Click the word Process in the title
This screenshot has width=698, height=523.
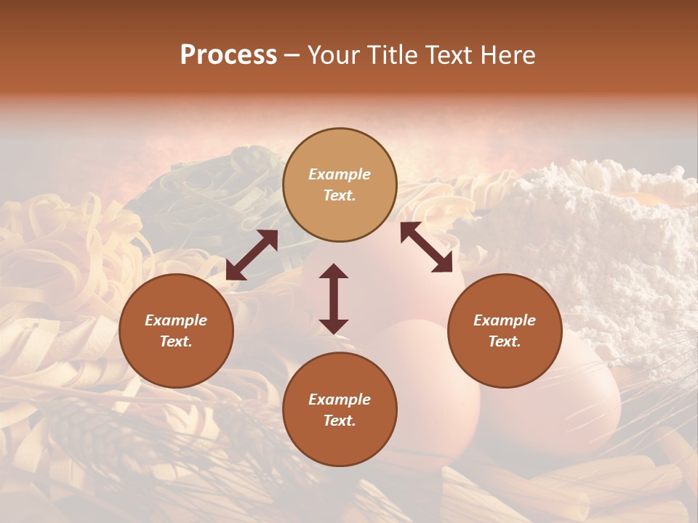pyautogui.click(x=228, y=55)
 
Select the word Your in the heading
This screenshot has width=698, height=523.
pyautogui.click(x=334, y=55)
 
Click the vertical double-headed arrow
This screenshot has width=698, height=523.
pyautogui.click(x=334, y=299)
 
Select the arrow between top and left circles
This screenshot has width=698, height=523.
pyautogui.click(x=252, y=255)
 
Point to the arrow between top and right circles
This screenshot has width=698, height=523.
pyautogui.click(x=427, y=248)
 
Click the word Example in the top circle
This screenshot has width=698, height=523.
pyautogui.click(x=340, y=174)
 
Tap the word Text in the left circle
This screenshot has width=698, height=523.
pyautogui.click(x=176, y=341)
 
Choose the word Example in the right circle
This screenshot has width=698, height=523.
pyautogui.click(x=505, y=320)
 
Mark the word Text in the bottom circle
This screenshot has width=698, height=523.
pyautogui.click(x=340, y=421)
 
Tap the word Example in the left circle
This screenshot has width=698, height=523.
pyautogui.click(x=176, y=320)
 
